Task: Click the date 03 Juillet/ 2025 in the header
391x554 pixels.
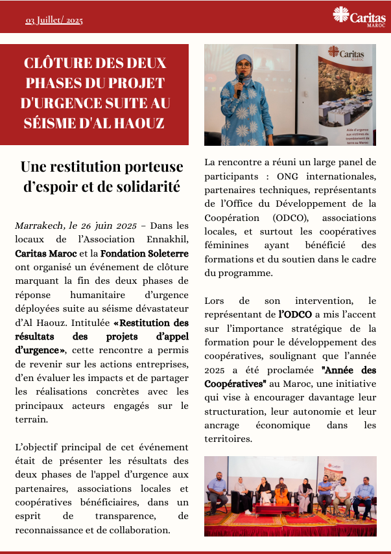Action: click(54, 21)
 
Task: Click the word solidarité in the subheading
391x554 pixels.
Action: click(147, 187)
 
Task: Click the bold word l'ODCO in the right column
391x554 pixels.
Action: click(295, 314)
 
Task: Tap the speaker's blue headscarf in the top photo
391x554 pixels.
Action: click(244, 65)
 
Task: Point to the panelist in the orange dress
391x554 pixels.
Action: click(282, 493)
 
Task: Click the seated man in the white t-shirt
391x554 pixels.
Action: click(342, 495)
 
